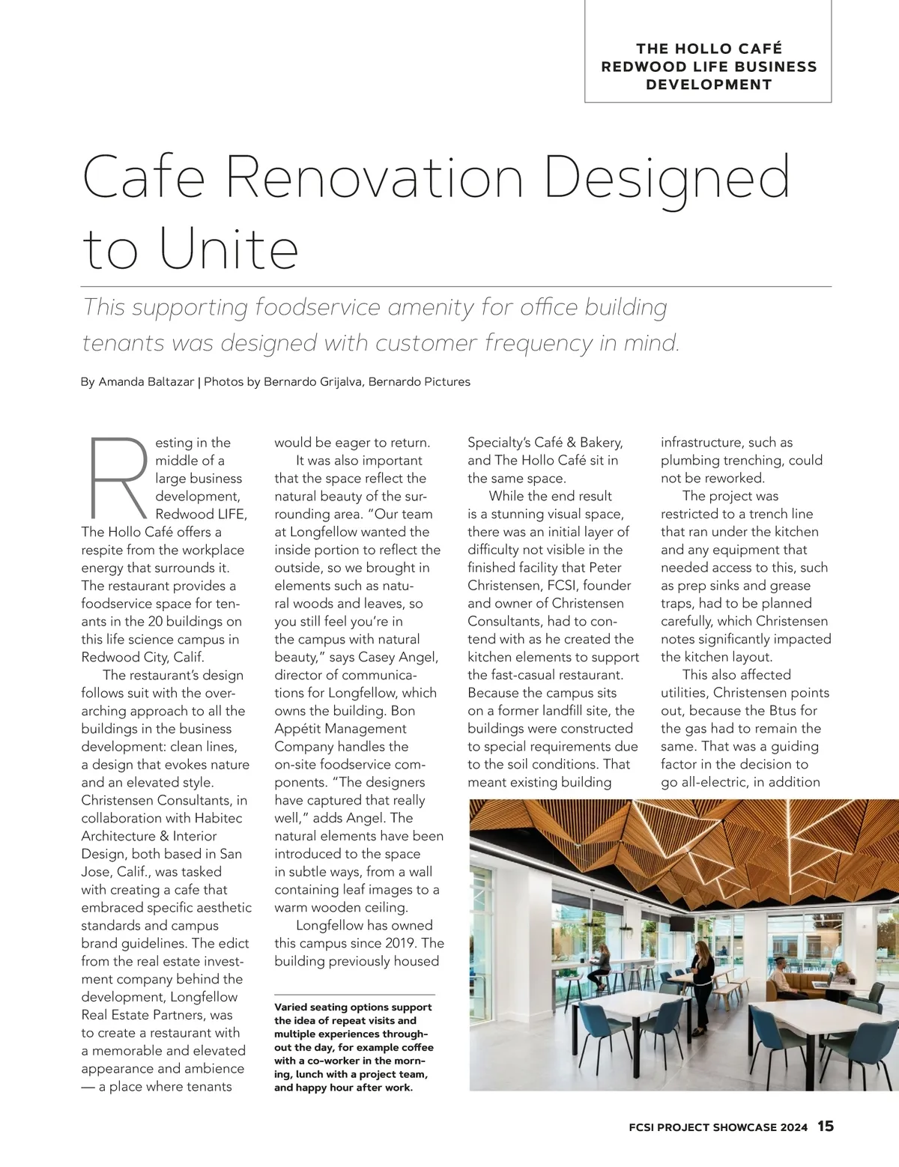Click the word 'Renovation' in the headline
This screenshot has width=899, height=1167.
coord(373,178)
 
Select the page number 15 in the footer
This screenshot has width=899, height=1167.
coord(825,1127)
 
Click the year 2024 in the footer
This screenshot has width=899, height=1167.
coord(793,1127)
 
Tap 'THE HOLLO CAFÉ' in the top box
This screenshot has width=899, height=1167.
coord(709,49)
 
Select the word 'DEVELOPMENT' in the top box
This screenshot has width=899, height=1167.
coord(709,85)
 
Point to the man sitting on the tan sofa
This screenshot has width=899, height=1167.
coord(780,977)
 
